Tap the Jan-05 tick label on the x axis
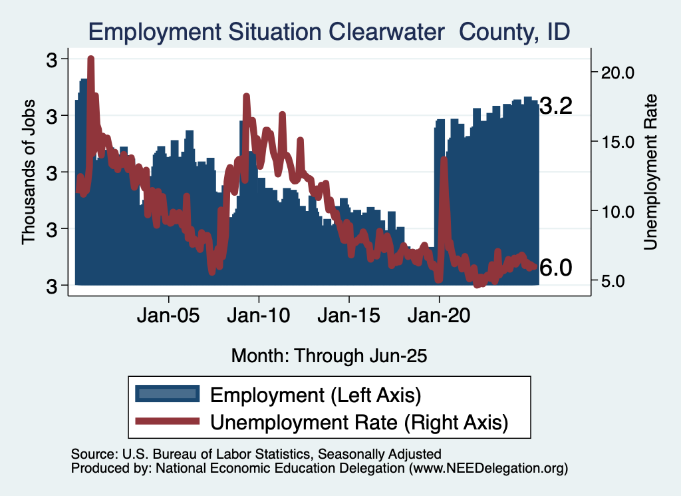(169, 315)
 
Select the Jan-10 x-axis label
(259, 315)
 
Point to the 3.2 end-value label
(555, 107)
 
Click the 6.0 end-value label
(555, 268)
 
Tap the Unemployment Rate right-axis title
(650, 172)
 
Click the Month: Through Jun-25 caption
(329, 356)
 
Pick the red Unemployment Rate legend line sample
(167, 421)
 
